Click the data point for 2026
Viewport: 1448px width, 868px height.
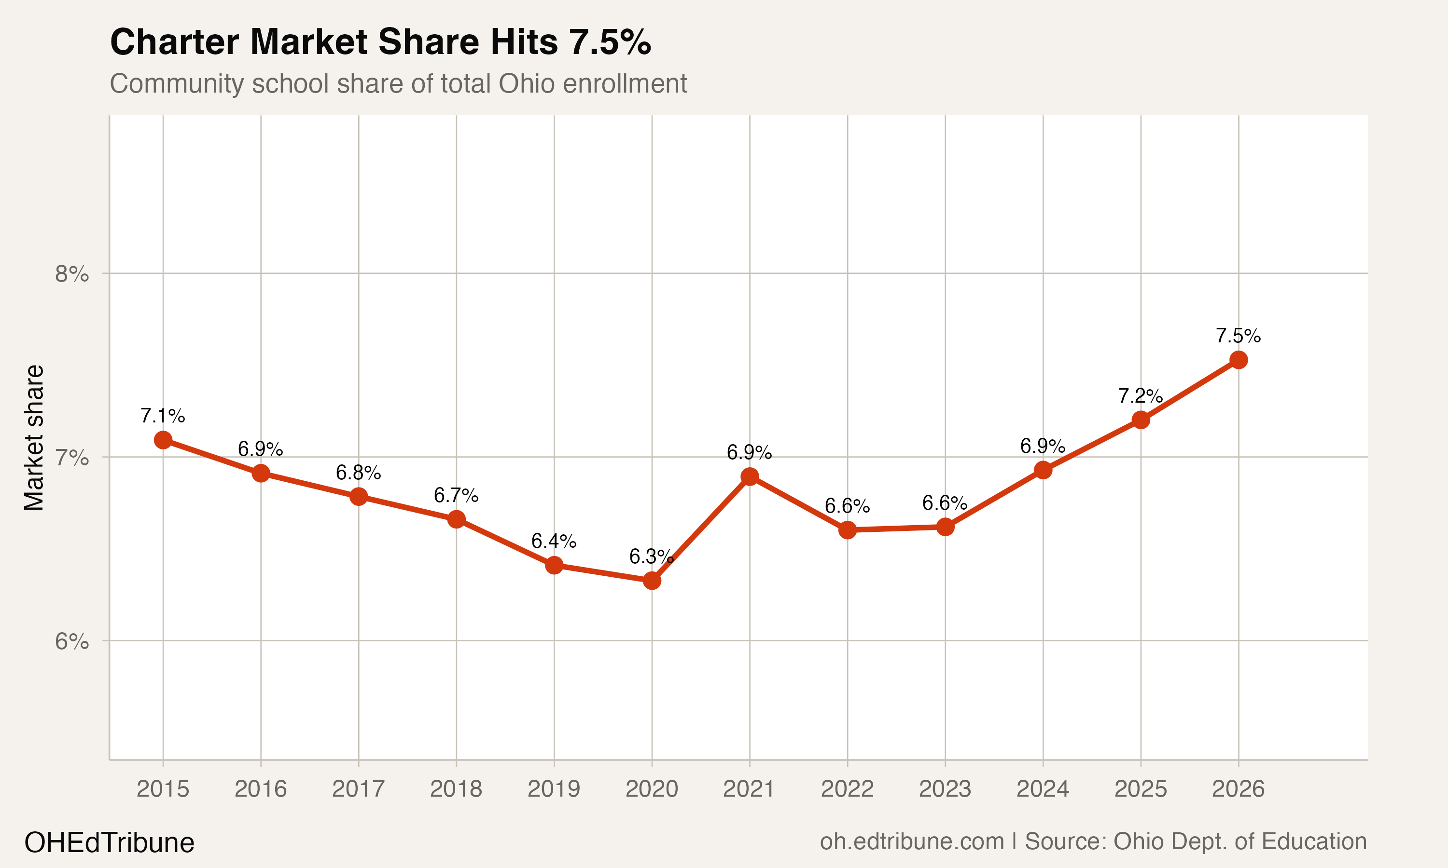coord(1238,360)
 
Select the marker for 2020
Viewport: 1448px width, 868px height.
coord(652,581)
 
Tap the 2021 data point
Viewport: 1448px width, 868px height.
coord(749,477)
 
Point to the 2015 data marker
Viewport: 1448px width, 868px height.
coord(163,440)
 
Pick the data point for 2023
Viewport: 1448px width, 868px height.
coord(945,527)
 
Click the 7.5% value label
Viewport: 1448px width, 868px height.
coord(1238,336)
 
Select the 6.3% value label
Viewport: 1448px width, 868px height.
coord(652,557)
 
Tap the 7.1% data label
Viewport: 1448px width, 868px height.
coord(163,416)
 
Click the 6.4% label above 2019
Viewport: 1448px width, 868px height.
coord(554,541)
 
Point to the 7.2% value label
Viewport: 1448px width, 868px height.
coord(1140,396)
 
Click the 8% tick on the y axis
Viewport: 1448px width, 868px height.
coord(71,274)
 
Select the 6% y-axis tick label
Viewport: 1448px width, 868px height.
coord(71,642)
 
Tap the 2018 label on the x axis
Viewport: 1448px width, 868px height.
coord(456,789)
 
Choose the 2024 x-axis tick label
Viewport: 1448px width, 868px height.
coord(1043,789)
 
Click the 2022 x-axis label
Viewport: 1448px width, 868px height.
coord(847,789)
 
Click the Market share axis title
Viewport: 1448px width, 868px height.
coord(34,437)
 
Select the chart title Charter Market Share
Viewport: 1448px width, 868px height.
coord(380,42)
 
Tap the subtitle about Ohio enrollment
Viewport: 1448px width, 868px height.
coord(398,83)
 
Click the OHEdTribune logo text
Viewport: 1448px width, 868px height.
coord(109,843)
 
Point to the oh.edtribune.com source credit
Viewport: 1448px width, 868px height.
coord(1093,841)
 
